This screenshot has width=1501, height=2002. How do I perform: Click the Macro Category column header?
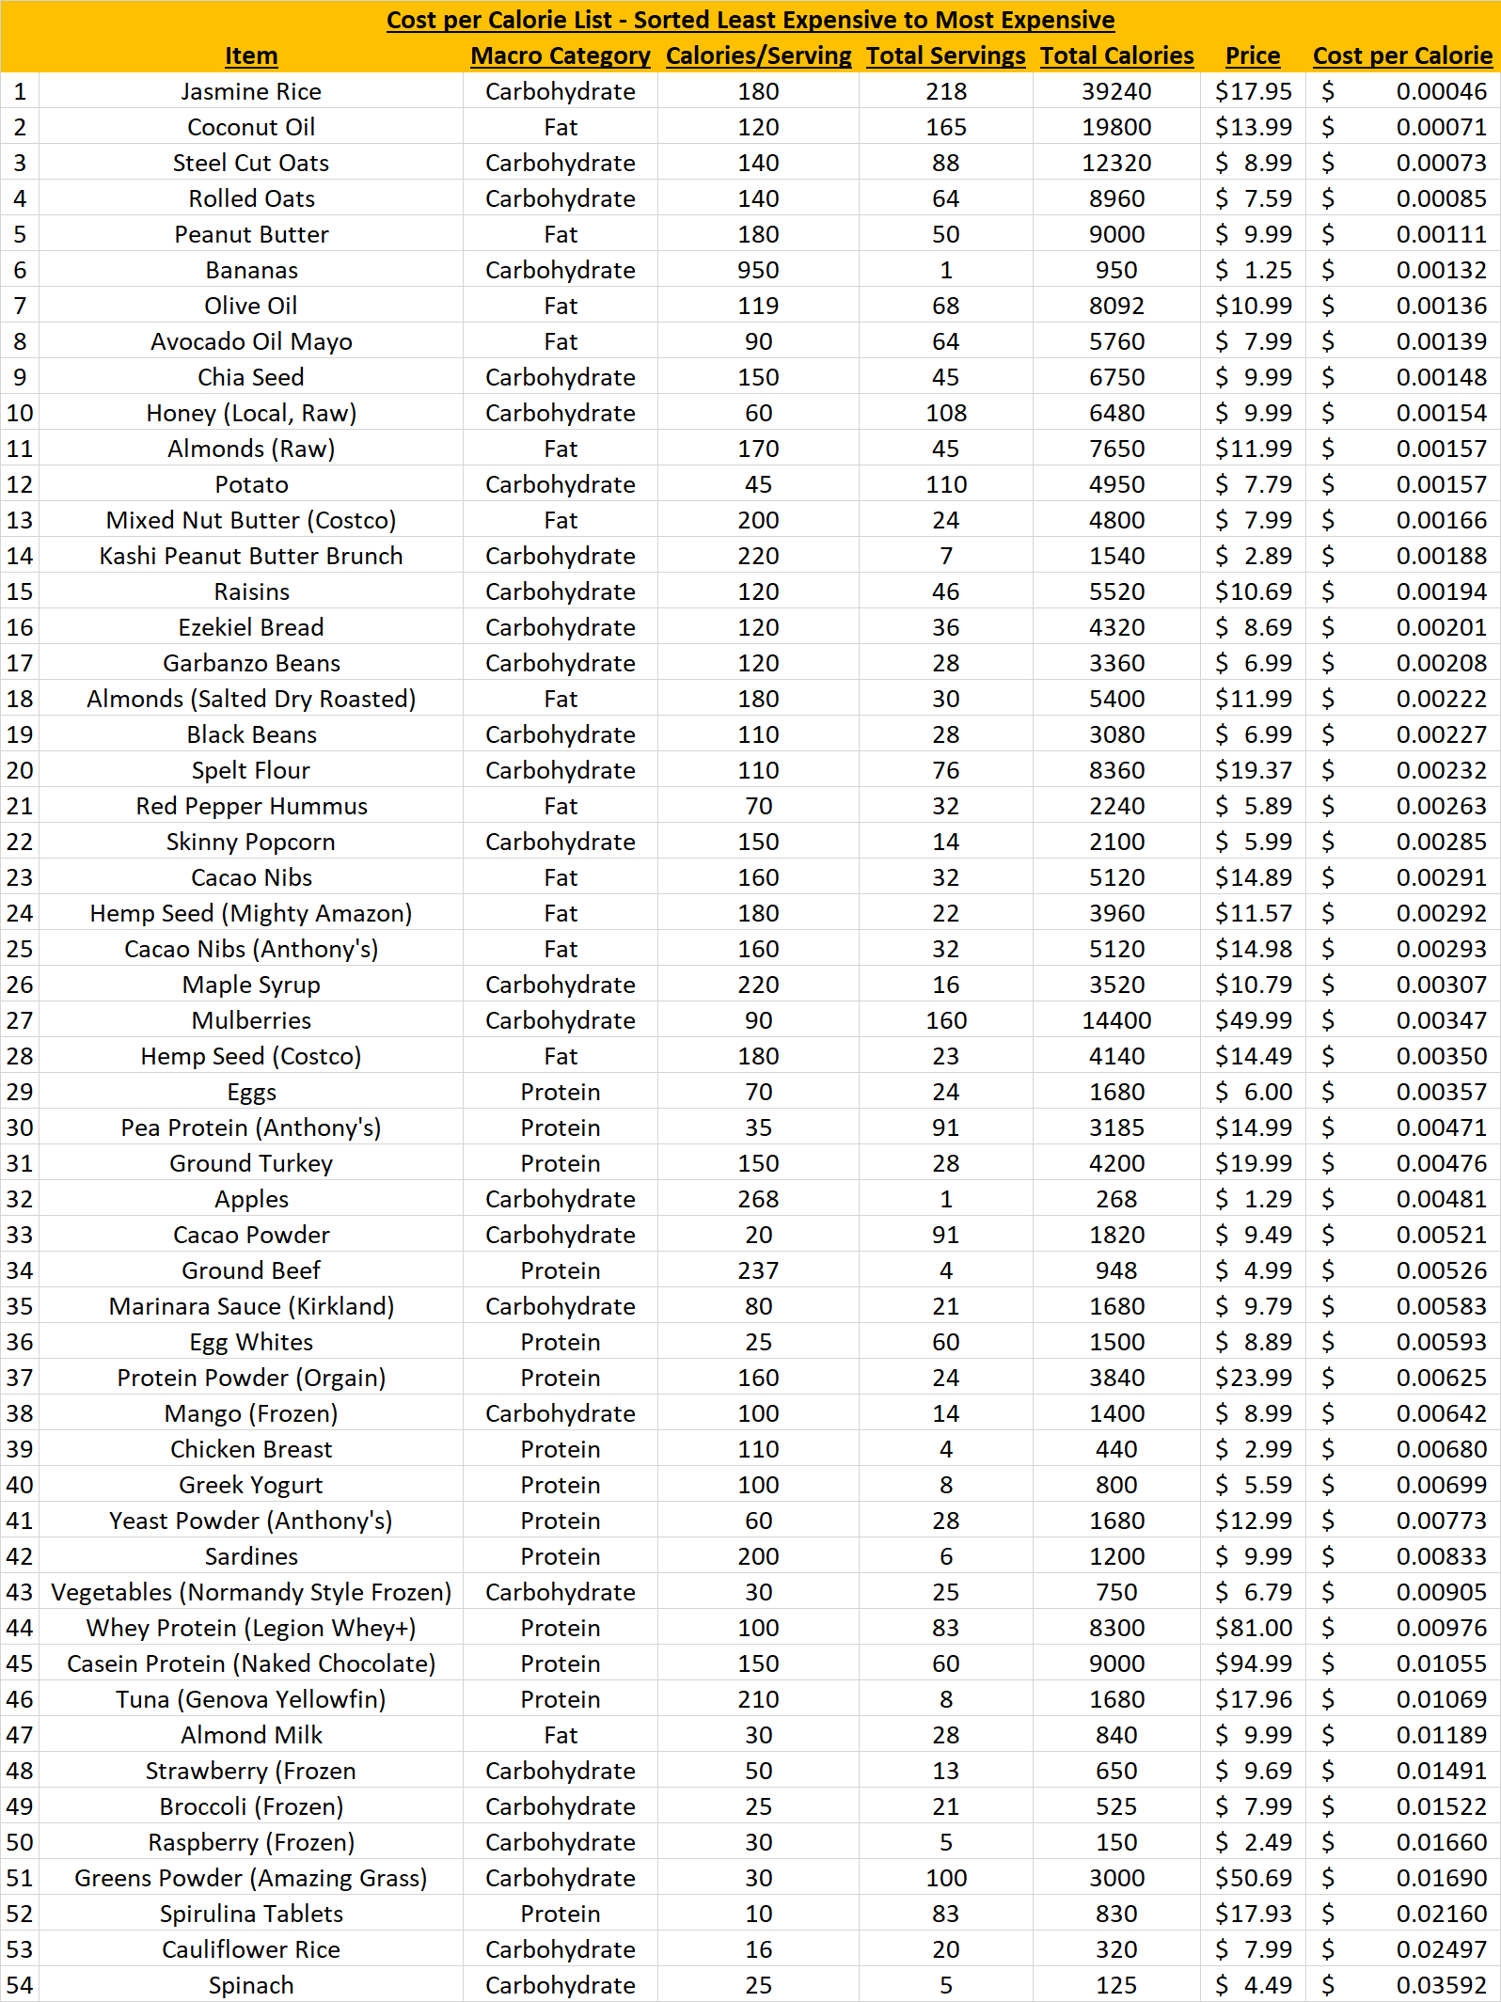pyautogui.click(x=561, y=55)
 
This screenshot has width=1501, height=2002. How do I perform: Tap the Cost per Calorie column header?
pyautogui.click(x=1401, y=55)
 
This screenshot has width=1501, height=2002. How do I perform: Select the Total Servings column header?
pyautogui.click(x=945, y=55)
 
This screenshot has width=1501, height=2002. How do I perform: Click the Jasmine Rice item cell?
pyautogui.click(x=251, y=91)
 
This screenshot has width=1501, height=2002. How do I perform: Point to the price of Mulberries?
pyautogui.click(x=1253, y=1020)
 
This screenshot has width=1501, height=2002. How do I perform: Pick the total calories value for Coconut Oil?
pyautogui.click(x=1116, y=127)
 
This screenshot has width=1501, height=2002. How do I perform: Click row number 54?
pyautogui.click(x=20, y=1985)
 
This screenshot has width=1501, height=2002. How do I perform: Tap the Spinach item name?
pyautogui.click(x=251, y=1985)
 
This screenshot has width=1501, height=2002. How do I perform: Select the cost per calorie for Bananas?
pyautogui.click(x=1441, y=270)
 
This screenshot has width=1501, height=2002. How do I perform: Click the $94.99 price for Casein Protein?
pyautogui.click(x=1253, y=1663)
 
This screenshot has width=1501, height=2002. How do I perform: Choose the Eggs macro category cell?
pyautogui.click(x=561, y=1092)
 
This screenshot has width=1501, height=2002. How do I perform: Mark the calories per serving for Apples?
pyautogui.click(x=758, y=1199)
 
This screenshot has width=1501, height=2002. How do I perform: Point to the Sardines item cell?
pyautogui.click(x=251, y=1556)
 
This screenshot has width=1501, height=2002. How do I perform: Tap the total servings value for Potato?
pyautogui.click(x=945, y=484)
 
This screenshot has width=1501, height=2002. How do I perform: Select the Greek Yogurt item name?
pyautogui.click(x=251, y=1485)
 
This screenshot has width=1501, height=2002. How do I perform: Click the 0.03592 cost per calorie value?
pyautogui.click(x=1441, y=1985)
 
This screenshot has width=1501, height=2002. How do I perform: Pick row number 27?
pyautogui.click(x=20, y=1020)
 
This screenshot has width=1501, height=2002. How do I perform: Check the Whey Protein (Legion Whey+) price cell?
pyautogui.click(x=1253, y=1628)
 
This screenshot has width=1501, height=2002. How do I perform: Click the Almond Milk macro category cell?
pyautogui.click(x=561, y=1735)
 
